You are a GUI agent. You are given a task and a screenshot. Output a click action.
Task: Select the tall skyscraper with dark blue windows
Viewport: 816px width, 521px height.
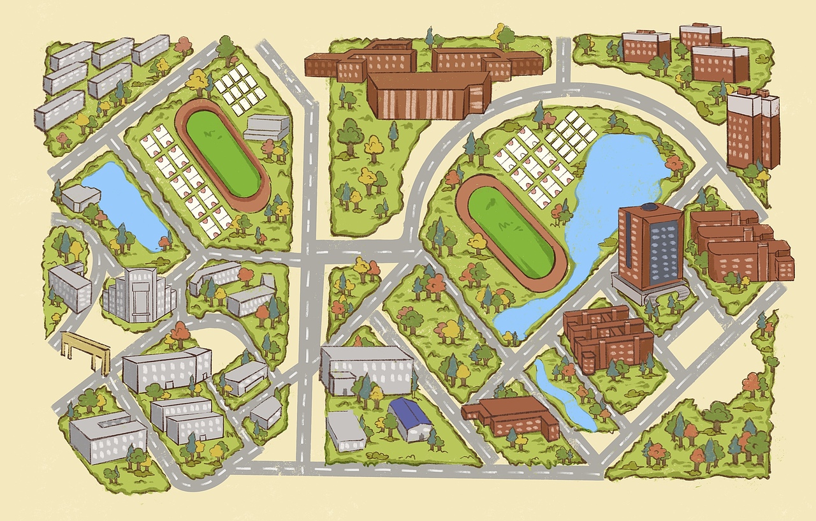coord(650,246)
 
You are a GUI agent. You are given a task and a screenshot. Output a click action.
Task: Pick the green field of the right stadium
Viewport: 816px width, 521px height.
coord(511,232)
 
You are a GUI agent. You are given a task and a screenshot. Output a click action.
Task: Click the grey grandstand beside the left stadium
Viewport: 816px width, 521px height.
coord(266,128)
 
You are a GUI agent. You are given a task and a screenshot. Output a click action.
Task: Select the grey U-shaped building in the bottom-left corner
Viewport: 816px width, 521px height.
coord(107,437)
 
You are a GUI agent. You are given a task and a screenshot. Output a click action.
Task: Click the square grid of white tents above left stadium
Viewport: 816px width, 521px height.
coord(239,89)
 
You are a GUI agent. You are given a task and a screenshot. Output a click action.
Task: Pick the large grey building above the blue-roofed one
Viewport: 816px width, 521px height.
coord(367,369)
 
